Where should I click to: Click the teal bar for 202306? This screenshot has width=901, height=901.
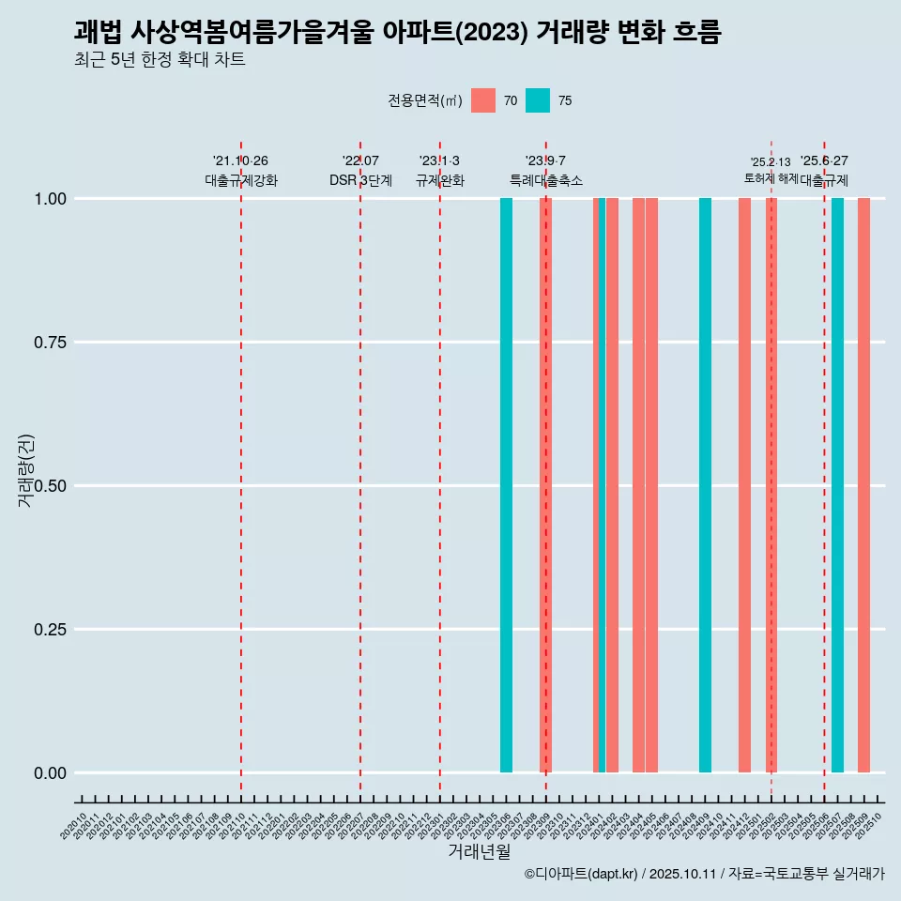(506, 485)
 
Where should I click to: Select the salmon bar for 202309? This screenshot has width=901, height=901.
(545, 485)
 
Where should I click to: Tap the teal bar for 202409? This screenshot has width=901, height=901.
(705, 485)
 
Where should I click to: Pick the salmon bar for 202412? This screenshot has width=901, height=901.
(744, 485)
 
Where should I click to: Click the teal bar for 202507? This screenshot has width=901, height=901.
(837, 485)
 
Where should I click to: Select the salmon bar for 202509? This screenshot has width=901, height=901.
(863, 485)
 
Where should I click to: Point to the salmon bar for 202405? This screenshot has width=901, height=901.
(651, 485)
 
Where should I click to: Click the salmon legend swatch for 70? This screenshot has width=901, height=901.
(483, 100)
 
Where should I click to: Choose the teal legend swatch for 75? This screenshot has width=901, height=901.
(538, 100)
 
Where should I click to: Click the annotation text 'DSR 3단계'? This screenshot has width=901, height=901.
(360, 180)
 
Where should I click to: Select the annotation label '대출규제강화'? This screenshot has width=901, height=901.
(241, 180)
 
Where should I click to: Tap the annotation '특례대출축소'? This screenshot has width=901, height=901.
(545, 180)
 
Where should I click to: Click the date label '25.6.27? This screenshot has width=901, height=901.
(824, 161)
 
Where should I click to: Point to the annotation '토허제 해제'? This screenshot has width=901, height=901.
(771, 177)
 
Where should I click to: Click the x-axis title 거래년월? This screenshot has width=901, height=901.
(479, 851)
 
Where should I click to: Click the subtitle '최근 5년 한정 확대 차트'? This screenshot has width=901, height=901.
(160, 60)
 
